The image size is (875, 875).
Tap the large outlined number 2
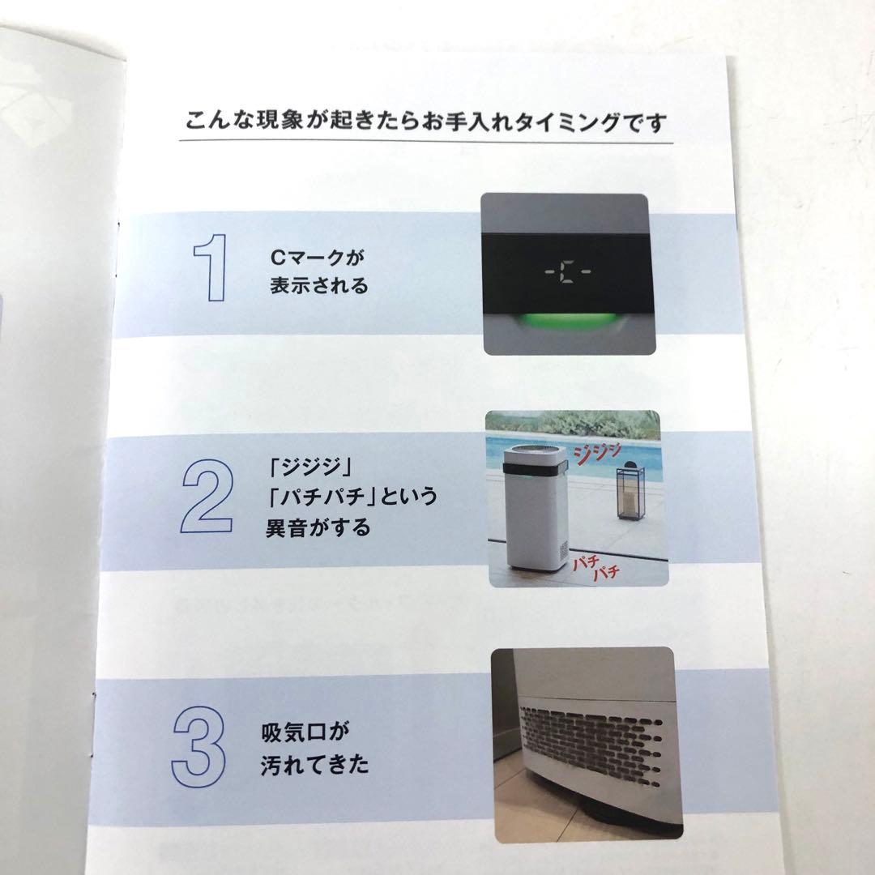tap(207, 496)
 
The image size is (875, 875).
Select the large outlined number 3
tap(199, 747)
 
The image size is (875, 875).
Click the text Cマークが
tap(317, 258)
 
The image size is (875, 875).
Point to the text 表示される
tap(319, 285)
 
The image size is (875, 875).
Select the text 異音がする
tap(318, 527)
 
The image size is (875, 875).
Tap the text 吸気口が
tap(305, 732)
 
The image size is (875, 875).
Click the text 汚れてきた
tap(314, 763)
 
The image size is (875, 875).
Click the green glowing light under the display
tap(568, 322)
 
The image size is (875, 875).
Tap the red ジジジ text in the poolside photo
tap(598, 453)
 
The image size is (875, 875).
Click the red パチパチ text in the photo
tap(596, 567)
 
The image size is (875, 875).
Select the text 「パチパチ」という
tap(352, 496)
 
